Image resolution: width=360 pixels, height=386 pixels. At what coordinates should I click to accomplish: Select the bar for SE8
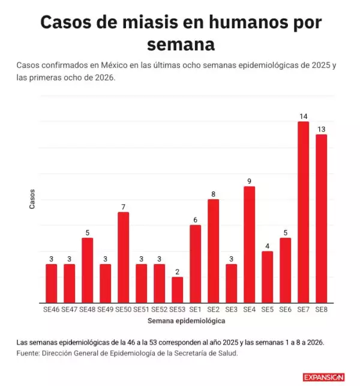pos(322,219)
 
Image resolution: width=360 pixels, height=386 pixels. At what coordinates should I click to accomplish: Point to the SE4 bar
pos(250,244)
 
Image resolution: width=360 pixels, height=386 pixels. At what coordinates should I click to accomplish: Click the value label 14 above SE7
pos(304,116)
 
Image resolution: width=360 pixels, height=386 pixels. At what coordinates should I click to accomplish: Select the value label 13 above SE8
pos(322,129)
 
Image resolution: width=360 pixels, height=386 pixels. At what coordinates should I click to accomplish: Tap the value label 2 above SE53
pos(178,271)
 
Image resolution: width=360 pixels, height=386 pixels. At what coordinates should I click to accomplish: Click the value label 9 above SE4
pos(250,181)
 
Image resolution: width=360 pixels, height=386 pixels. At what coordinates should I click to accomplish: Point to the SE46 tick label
pos(52,309)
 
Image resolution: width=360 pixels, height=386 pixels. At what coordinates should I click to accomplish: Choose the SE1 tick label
pos(196,309)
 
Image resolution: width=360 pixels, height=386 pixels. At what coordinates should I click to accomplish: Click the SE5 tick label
pos(268,309)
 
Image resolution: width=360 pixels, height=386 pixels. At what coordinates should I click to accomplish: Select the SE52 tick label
pos(160,309)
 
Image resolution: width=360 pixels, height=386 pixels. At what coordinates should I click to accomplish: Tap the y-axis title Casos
pos(32,199)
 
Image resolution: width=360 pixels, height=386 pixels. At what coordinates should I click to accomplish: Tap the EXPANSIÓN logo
pos(324,377)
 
